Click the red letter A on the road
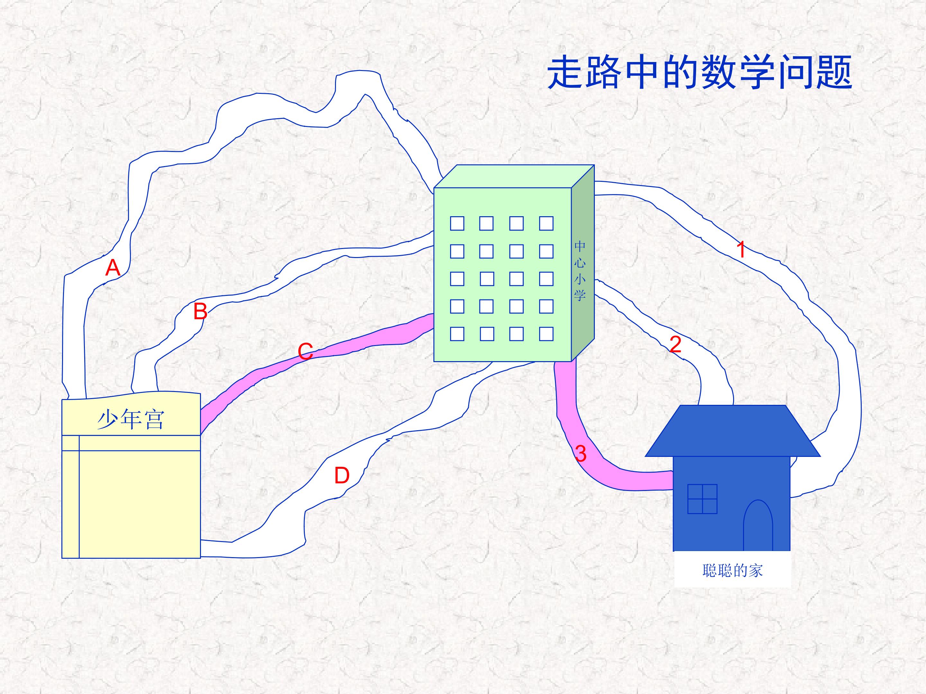[113, 268]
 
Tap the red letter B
[201, 311]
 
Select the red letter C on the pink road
[305, 351]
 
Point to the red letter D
[341, 476]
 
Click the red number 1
[741, 249]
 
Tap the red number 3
[581, 453]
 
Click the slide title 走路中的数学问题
[700, 73]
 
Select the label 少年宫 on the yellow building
[131, 420]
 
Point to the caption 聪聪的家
[732, 571]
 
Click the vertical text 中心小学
[580, 270]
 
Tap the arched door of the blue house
[758, 525]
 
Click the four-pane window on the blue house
[703, 499]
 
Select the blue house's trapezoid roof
[732, 431]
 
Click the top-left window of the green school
[457, 223]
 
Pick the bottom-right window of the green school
[546, 334]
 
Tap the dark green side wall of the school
[583, 263]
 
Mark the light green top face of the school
[514, 176]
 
